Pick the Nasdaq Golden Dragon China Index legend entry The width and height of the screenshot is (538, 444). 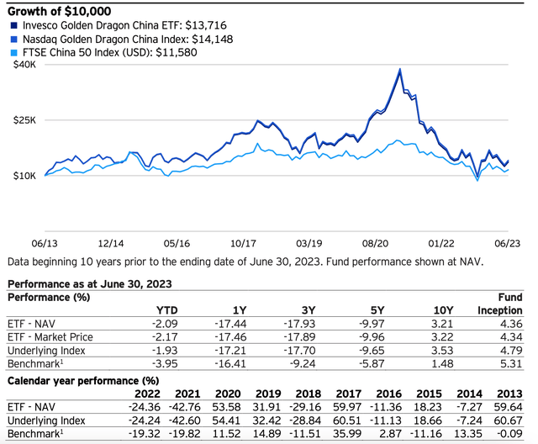pos(118,40)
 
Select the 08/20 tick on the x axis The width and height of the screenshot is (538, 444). pos(380,240)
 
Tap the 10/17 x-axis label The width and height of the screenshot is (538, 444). pos(244,240)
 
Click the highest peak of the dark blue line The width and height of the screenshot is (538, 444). pos(398,69)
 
